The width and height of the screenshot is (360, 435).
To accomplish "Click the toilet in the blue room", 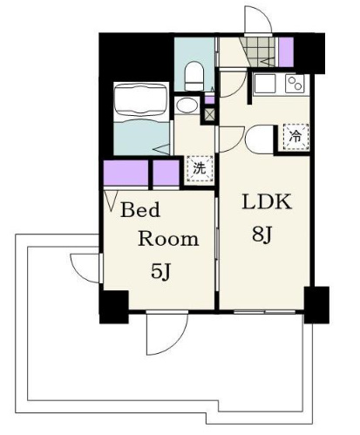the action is [194, 77].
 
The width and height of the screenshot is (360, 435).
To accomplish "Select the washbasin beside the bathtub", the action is [187, 105].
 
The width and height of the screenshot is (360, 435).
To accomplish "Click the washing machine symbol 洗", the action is [200, 169].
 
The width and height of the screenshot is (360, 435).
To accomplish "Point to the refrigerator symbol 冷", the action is [295, 137].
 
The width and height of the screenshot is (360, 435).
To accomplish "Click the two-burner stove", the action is [295, 84].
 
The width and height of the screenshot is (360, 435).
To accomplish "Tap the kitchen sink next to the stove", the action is [265, 84].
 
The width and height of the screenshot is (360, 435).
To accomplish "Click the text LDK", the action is [267, 202].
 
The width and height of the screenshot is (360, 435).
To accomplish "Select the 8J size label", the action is [262, 234].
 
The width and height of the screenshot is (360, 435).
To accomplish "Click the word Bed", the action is [140, 210].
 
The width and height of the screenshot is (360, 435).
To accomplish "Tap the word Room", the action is [168, 239].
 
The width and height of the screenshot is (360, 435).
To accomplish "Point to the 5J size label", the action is [160, 272].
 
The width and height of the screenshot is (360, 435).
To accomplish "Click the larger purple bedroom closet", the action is [126, 173].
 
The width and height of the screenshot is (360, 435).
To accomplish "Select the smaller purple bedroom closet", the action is [166, 173].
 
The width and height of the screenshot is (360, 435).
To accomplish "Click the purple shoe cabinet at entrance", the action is [286, 52].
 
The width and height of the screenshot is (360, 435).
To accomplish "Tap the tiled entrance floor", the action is [259, 52].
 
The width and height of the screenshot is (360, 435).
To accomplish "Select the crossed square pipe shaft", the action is [209, 114].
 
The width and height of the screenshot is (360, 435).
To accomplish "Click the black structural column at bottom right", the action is [316, 305].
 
